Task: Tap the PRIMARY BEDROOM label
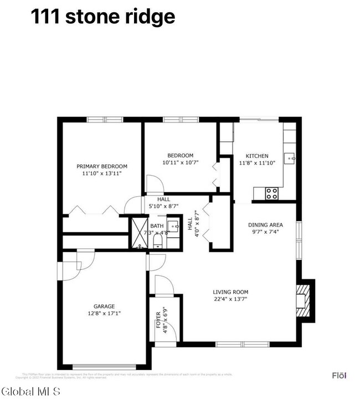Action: click(x=102, y=166)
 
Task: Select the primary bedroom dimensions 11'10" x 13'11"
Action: click(x=102, y=173)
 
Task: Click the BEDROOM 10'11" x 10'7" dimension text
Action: click(x=181, y=163)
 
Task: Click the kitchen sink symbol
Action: click(x=290, y=158)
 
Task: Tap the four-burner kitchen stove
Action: click(x=271, y=193)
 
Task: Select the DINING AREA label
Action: click(x=265, y=225)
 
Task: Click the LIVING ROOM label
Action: click(x=230, y=292)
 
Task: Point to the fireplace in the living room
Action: click(x=304, y=301)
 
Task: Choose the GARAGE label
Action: click(x=104, y=306)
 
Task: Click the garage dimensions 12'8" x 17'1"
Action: click(x=104, y=313)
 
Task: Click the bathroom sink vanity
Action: click(x=173, y=228)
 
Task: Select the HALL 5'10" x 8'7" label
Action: click(x=163, y=203)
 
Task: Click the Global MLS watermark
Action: click(x=32, y=392)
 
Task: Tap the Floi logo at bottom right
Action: click(x=339, y=376)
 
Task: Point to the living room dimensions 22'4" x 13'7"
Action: click(x=230, y=299)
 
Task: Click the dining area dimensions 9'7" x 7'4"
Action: click(x=265, y=232)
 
